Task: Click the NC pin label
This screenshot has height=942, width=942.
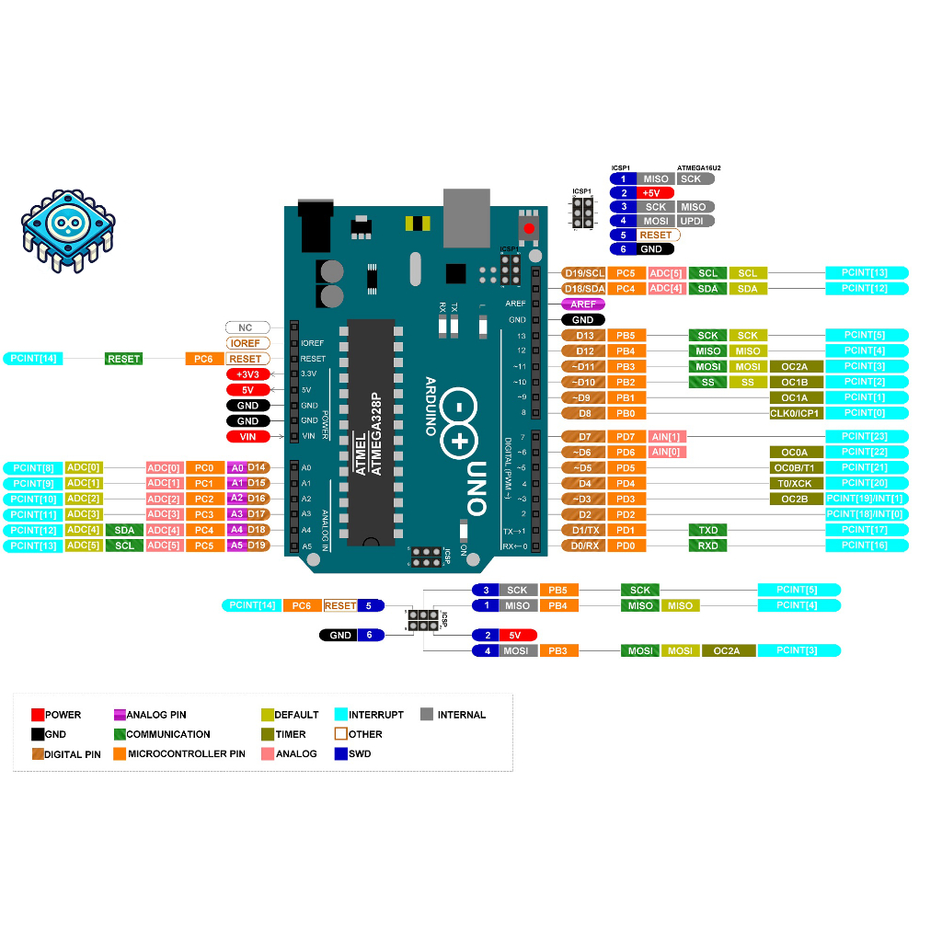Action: (247, 327)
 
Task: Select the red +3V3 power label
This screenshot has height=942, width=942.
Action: (247, 374)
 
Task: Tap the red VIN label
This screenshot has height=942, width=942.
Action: (247, 436)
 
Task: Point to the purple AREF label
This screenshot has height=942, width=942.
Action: (583, 304)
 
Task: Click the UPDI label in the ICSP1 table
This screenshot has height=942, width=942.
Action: (694, 221)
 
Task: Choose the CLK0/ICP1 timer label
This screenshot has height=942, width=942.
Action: (796, 413)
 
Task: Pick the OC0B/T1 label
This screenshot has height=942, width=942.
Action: (796, 467)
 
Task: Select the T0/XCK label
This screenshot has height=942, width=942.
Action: (796, 483)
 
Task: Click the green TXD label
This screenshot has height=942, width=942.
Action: (707, 530)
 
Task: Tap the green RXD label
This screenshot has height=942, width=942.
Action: (707, 546)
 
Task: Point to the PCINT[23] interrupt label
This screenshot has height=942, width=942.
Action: (865, 436)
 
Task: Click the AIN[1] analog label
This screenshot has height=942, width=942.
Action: (667, 436)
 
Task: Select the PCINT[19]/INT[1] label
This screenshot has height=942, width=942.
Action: (865, 499)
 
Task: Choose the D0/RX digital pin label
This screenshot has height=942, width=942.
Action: (584, 546)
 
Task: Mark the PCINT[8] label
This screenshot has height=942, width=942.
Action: (33, 467)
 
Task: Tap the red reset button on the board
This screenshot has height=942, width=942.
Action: (529, 227)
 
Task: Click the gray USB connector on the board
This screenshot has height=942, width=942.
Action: (467, 217)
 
